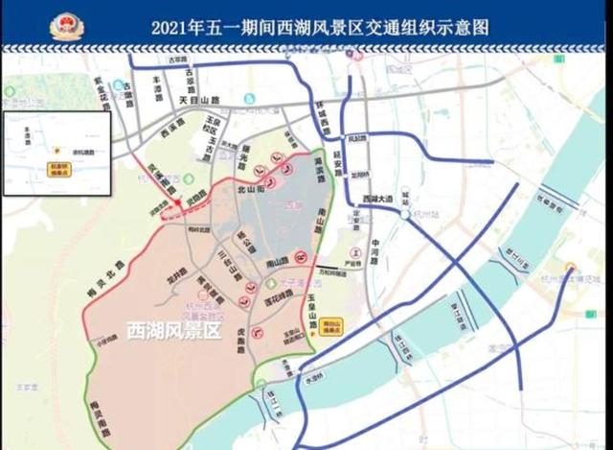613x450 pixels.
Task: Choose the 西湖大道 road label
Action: [x=378, y=199]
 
